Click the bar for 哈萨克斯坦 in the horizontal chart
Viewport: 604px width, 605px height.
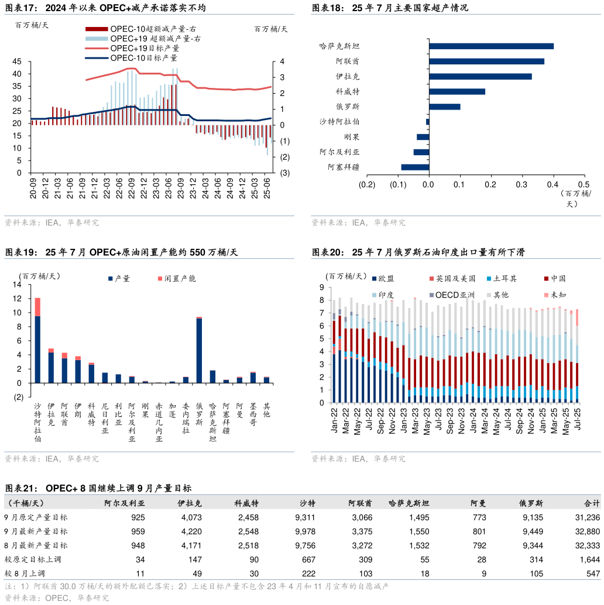pos(491,46)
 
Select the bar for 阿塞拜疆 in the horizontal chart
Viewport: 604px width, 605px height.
pos(415,167)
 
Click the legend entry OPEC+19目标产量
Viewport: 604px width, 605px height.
pos(144,48)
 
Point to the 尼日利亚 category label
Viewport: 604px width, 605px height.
pos(105,418)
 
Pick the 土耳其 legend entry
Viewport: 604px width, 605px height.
pos(505,279)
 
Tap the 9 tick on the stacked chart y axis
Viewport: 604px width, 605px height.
pos(321,287)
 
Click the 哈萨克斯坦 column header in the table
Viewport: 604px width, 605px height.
pos(409,503)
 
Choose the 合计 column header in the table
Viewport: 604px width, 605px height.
pos(592,503)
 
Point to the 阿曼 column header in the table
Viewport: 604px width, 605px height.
pos(478,503)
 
